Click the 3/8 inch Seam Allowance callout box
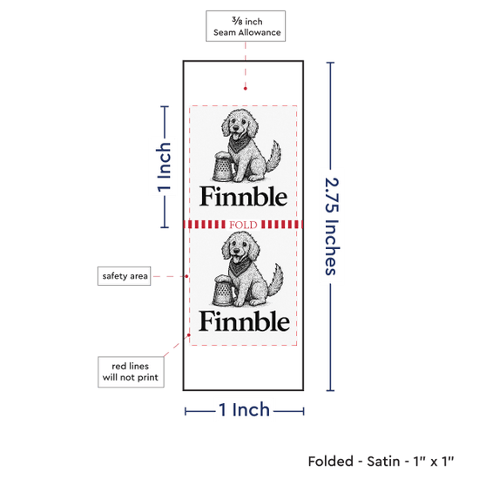[x=246, y=26]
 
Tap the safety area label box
[x=124, y=276]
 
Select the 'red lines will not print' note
[x=131, y=372]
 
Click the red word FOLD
[x=243, y=225]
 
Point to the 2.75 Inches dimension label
[x=332, y=226]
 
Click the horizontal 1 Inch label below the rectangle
[x=245, y=409]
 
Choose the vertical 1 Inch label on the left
[x=164, y=167]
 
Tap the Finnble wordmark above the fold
[x=244, y=196]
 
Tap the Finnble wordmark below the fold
[x=244, y=320]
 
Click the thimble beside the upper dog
[x=224, y=167]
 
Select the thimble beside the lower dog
[x=224, y=290]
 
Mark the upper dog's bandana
[x=239, y=142]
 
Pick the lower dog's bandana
[x=240, y=266]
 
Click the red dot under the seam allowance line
[x=246, y=89]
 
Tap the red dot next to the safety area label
[x=186, y=276]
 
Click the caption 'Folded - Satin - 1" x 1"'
[x=381, y=462]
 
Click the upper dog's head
[x=239, y=122]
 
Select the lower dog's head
[x=240, y=245]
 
